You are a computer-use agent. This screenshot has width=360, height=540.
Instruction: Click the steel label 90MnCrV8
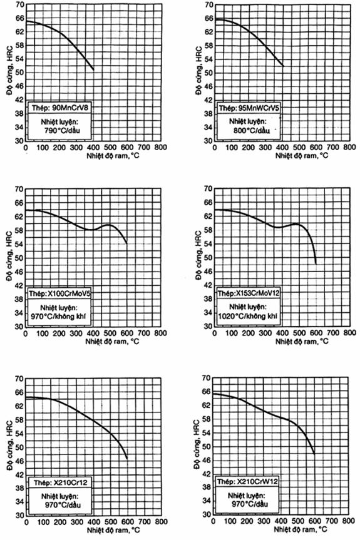(x=70, y=108)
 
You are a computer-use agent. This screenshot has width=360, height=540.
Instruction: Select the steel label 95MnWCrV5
(x=259, y=108)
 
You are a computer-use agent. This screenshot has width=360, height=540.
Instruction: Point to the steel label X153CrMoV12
(x=258, y=293)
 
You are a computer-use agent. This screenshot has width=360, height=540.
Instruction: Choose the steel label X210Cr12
(x=71, y=483)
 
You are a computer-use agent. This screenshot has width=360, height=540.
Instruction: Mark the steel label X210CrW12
(x=257, y=481)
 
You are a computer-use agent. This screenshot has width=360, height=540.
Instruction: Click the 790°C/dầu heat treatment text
(x=63, y=131)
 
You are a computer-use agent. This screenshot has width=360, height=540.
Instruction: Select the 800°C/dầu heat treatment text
(x=251, y=131)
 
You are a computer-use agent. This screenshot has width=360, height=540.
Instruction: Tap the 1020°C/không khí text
(x=247, y=316)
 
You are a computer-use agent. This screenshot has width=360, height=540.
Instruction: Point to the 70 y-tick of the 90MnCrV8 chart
(x=19, y=5)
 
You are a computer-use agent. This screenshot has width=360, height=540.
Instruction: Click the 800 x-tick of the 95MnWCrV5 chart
(x=349, y=148)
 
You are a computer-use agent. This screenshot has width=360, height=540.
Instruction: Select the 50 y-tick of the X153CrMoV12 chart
(x=208, y=258)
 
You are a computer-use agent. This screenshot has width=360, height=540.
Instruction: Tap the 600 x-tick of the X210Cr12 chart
(x=128, y=522)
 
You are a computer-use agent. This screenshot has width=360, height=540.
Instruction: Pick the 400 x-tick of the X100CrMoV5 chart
(x=93, y=334)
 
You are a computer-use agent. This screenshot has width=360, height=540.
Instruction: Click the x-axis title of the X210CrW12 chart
(x=301, y=529)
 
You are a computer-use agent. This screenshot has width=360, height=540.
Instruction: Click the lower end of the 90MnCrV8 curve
(x=93, y=70)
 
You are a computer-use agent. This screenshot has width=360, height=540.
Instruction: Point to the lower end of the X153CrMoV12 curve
(x=316, y=264)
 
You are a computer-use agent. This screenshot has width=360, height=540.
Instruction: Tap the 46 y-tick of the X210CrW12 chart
(x=207, y=461)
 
